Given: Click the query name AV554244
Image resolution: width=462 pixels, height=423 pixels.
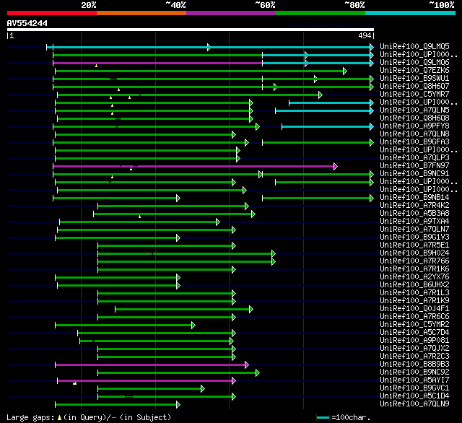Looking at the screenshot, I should pyautogui.click(x=27, y=24).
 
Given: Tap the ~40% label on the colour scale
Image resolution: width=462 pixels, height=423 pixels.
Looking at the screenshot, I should pyautogui.click(x=175, y=5).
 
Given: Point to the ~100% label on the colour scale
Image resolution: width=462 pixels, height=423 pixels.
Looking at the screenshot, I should pyautogui.click(x=441, y=5).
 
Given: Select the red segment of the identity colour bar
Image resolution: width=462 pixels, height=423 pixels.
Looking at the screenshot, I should pyautogui.click(x=52, y=13).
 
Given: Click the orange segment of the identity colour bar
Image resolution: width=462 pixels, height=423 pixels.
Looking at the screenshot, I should pyautogui.click(x=141, y=13).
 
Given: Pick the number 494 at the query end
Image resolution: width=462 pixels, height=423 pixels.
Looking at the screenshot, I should pyautogui.click(x=365, y=35).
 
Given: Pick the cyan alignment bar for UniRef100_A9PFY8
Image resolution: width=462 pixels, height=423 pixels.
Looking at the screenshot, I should pyautogui.click(x=325, y=126).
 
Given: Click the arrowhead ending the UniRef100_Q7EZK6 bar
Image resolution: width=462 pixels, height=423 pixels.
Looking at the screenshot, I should pyautogui.click(x=345, y=71).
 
